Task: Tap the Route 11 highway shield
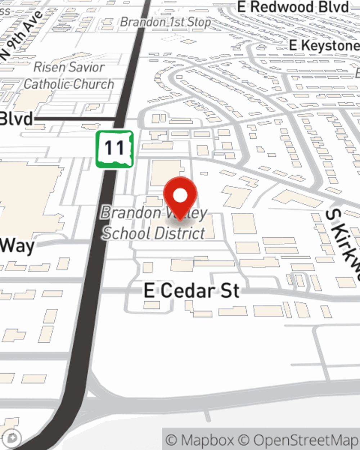click(x=114, y=149)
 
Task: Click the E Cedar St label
click(x=192, y=291)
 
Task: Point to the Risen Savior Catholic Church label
click(x=69, y=76)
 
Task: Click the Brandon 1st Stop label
click(x=165, y=22)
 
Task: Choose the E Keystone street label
click(x=324, y=45)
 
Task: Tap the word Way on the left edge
click(x=17, y=246)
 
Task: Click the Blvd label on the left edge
click(x=16, y=119)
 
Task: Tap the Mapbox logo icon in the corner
click(x=13, y=438)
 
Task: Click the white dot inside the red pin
click(x=180, y=195)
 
